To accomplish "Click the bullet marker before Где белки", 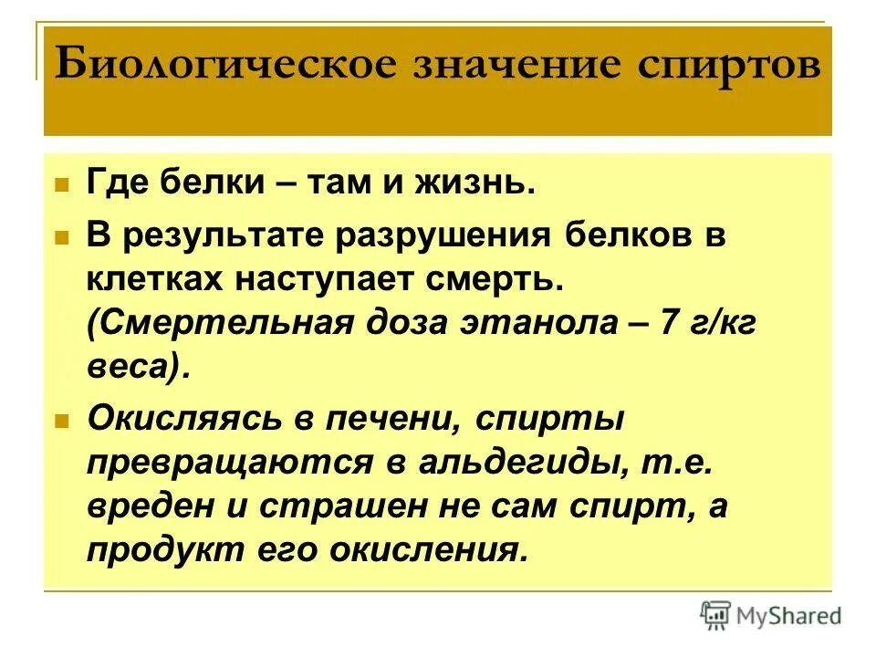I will tap(62, 184).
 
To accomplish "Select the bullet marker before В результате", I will tap(62, 237).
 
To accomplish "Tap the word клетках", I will tap(155, 278).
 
